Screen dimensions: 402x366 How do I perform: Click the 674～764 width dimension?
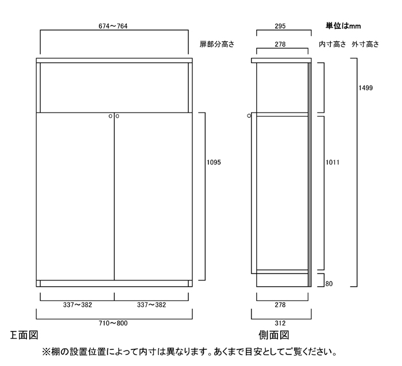113,26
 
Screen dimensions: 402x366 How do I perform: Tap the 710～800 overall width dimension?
113,323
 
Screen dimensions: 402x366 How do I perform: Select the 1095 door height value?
214,163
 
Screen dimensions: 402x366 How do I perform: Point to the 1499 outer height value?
366,88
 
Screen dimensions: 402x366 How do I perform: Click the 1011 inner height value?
333,163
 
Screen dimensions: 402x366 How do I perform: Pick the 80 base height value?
329,284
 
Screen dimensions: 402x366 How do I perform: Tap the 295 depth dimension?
280,26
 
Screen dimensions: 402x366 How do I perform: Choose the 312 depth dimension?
280,323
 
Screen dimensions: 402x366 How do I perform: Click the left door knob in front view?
110,116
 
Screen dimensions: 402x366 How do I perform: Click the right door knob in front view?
117,116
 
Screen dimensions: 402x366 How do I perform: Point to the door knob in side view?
249,116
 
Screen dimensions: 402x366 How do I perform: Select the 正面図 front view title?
24,335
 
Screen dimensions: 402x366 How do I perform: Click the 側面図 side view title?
274,335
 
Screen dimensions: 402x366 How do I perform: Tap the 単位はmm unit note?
343,26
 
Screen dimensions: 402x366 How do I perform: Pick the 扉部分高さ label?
217,44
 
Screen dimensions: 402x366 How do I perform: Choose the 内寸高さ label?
333,44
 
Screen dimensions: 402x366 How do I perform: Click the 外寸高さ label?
365,44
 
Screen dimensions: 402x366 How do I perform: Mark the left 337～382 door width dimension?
78,305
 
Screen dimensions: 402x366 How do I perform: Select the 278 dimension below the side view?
280,305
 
